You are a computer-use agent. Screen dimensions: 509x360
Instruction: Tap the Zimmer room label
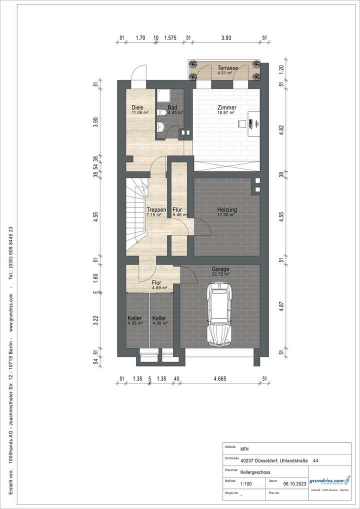click(x=226, y=107)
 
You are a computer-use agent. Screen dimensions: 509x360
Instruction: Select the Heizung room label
click(x=226, y=209)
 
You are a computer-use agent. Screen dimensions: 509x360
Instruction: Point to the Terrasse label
click(x=227, y=67)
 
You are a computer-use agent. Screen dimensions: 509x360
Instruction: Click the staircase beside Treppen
click(x=136, y=215)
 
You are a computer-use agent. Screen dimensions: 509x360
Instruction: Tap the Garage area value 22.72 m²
click(x=220, y=274)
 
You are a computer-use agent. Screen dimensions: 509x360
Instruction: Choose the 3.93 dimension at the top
click(x=226, y=37)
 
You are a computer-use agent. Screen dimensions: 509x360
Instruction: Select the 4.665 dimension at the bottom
click(x=220, y=378)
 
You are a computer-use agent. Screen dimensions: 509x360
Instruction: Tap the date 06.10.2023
click(x=294, y=484)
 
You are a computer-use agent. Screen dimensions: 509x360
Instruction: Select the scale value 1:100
click(x=246, y=484)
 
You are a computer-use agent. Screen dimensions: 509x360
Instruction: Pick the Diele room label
click(x=137, y=107)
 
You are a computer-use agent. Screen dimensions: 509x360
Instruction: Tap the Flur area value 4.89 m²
click(x=160, y=288)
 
